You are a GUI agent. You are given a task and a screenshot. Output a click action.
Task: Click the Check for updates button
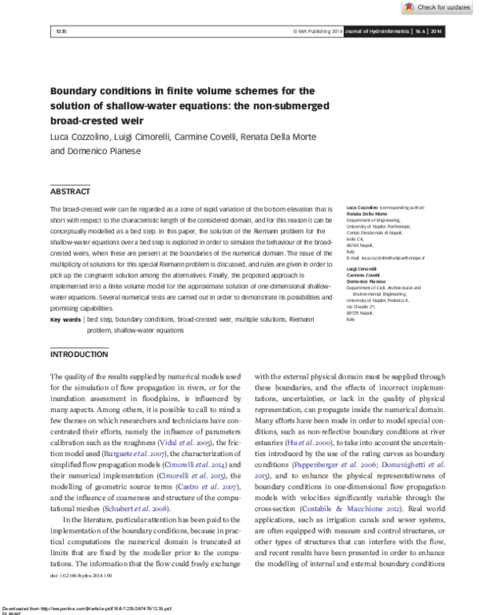[438, 7]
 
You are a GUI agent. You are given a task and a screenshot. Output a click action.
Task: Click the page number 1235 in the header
[61, 31]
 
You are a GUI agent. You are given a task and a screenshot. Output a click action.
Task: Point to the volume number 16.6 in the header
[420, 31]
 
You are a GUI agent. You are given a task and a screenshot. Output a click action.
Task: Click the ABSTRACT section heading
[70, 192]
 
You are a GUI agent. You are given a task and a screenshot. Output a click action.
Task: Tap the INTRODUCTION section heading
[80, 353]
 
